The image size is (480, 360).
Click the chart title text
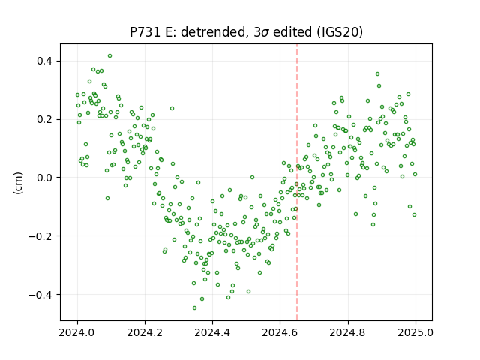tap(247, 32)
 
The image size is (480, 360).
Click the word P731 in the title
tap(145, 32)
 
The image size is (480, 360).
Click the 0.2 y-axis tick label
tap(45, 119)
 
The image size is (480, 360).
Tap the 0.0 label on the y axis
tap(45, 178)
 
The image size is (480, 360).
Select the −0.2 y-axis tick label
tap(41, 236)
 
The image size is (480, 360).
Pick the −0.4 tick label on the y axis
tap(41, 295)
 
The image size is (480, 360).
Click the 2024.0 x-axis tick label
tap(77, 332)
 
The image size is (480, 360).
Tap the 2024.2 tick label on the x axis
tap(145, 332)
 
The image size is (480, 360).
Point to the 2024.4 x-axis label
tap(212, 332)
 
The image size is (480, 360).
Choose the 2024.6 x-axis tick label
tap(280, 332)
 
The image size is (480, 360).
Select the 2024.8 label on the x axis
tap(348, 332)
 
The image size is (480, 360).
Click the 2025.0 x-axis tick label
tap(415, 332)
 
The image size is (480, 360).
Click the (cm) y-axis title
tap(18, 183)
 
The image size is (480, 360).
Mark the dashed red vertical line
tap(297, 182)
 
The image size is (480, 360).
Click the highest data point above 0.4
tap(109, 56)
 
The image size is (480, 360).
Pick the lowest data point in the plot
tap(194, 308)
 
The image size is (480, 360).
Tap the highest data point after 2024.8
tap(377, 74)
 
